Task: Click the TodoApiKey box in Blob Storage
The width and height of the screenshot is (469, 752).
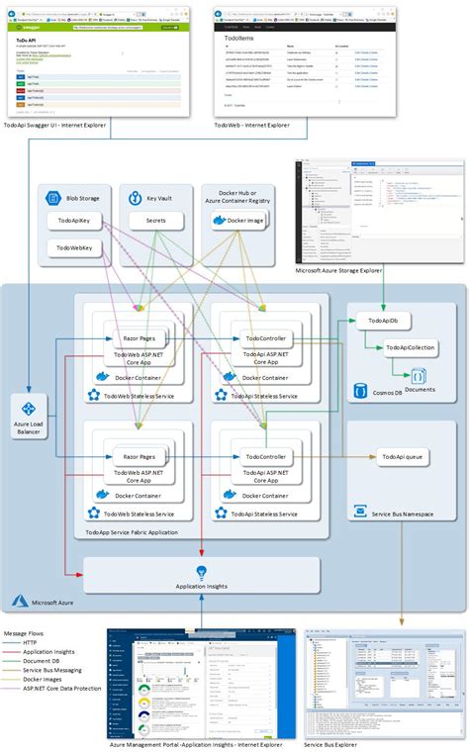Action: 75,221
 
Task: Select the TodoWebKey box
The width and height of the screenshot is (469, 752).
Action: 75,246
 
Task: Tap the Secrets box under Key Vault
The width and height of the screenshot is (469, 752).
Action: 155,221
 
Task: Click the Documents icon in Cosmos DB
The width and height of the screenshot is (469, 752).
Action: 418,376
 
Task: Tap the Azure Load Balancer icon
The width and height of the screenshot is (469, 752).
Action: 28,409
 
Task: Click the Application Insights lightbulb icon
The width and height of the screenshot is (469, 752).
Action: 201,571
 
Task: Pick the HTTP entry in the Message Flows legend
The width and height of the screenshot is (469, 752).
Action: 32,642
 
